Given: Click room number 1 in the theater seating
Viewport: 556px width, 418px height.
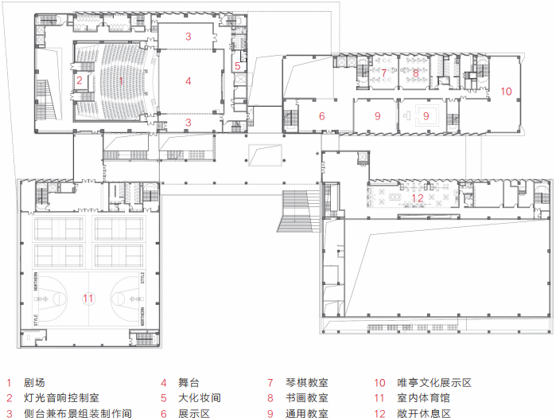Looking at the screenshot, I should pyautogui.click(x=121, y=80).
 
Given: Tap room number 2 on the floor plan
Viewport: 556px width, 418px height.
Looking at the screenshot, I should pyautogui.click(x=80, y=80).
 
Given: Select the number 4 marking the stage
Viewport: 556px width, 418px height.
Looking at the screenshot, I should pyautogui.click(x=189, y=80).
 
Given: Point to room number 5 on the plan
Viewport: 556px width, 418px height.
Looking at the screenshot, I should pyautogui.click(x=237, y=67).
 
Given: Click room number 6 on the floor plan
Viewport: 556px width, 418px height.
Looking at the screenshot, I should pyautogui.click(x=322, y=116).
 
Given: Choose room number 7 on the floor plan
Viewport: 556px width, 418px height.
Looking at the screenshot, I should pyautogui.click(x=383, y=73).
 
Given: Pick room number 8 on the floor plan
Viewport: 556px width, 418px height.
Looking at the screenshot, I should pyautogui.click(x=415, y=73).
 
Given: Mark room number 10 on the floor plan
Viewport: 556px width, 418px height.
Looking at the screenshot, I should pyautogui.click(x=506, y=91).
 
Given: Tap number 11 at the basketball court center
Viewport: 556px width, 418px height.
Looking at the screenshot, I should pyautogui.click(x=88, y=299).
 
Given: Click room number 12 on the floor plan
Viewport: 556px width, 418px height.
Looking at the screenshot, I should pyautogui.click(x=418, y=198).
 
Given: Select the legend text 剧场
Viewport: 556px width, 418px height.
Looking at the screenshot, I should pyautogui.click(x=34, y=383).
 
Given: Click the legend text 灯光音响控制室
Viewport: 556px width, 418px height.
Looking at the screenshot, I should pyautogui.click(x=60, y=398).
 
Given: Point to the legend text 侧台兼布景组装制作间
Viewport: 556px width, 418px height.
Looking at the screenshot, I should pyautogui.click(x=76, y=413).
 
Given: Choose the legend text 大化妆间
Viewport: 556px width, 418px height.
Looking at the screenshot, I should pyautogui.click(x=199, y=398).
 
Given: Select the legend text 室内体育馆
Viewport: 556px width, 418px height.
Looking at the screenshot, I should pyautogui.click(x=424, y=398).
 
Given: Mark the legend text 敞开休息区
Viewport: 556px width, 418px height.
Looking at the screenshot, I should pyautogui.click(x=424, y=413).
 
